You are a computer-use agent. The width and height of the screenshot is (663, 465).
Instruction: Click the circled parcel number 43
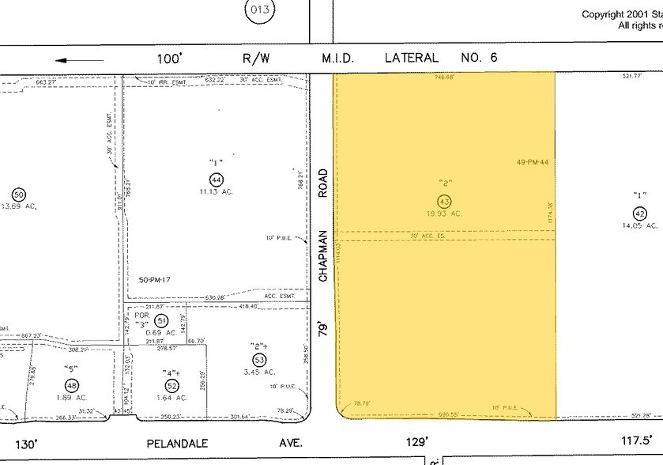444,201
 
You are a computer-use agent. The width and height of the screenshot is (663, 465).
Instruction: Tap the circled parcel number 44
215,179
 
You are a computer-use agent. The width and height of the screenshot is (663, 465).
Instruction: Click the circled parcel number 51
161,320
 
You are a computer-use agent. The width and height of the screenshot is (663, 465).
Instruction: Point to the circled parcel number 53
258,360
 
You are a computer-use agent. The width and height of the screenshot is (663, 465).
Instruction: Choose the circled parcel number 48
73,385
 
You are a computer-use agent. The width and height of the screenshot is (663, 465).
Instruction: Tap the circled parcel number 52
160,385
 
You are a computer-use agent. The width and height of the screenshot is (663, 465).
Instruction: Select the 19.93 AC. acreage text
445,214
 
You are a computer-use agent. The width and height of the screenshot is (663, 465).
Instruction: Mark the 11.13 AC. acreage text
216,191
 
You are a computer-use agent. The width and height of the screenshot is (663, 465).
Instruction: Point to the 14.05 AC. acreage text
640,225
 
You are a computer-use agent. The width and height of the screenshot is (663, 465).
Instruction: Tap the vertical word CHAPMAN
322,255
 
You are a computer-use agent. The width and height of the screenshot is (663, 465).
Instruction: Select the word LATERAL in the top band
411,58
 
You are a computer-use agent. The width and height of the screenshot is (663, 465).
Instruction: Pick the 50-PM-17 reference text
155,280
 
